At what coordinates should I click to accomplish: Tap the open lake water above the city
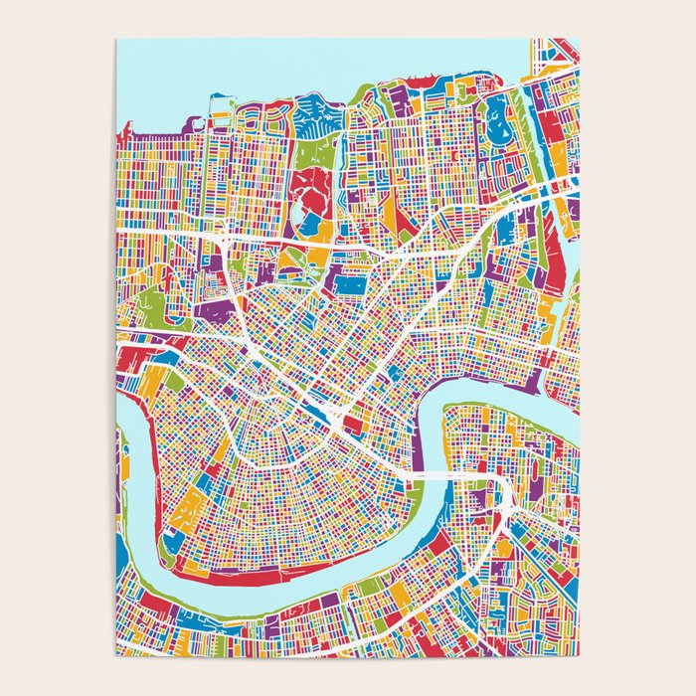click(x=298, y=65)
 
